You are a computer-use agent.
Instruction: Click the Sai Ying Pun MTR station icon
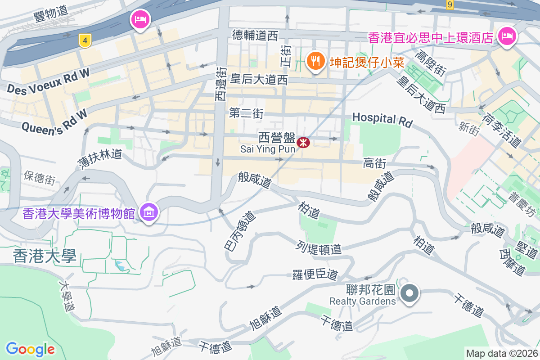(x=303, y=143)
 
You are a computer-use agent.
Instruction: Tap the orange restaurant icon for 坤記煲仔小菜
(x=316, y=60)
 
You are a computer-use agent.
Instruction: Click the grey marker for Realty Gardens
(x=409, y=294)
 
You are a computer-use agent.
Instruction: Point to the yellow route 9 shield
(x=450, y=4)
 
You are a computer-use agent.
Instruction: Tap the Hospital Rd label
(x=382, y=119)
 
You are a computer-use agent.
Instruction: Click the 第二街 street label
(x=246, y=113)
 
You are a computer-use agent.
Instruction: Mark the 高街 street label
(x=375, y=163)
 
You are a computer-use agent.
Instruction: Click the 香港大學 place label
(x=45, y=256)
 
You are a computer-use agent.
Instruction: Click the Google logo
(x=30, y=349)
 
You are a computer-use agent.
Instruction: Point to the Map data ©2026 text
(x=502, y=353)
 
